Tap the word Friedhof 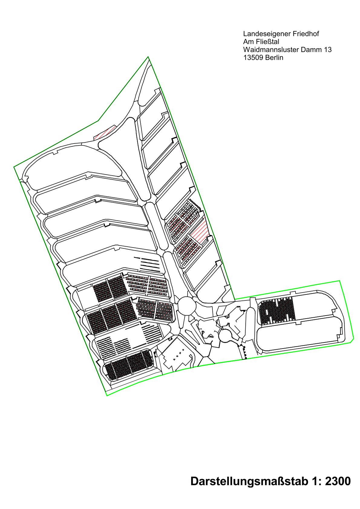point(306,34)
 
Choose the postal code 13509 point(253,57)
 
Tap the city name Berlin point(274,57)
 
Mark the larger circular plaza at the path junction point(187,306)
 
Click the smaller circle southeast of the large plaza point(225,334)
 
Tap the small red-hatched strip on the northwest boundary point(105,133)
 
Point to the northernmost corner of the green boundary point(148,57)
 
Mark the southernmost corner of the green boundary point(107,396)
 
